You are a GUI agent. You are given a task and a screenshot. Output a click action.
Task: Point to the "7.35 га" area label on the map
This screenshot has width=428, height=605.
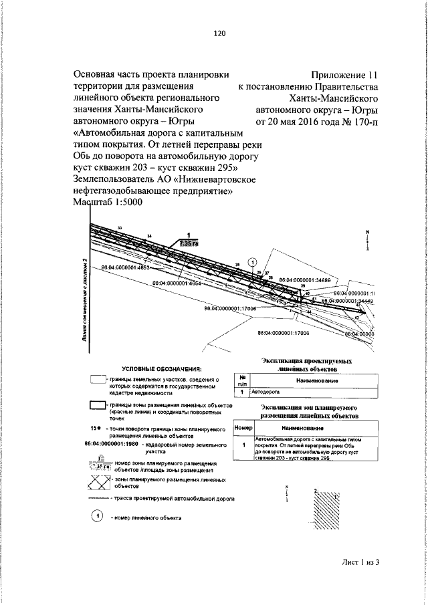pos(189,244)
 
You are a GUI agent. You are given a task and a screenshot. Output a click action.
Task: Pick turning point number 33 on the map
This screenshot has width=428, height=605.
pos(120,229)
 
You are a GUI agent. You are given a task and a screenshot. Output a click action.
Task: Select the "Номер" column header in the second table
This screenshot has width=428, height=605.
pos(242,427)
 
